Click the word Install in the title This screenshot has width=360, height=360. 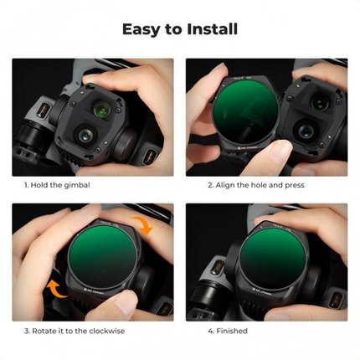[x=208, y=29]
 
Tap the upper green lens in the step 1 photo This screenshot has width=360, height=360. [x=102, y=108]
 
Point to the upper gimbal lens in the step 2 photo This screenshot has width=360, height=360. [x=320, y=103]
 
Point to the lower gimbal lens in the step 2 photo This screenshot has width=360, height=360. [x=306, y=131]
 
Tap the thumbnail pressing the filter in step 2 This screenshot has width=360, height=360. [x=272, y=152]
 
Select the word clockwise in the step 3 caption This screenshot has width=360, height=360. [x=106, y=331]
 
